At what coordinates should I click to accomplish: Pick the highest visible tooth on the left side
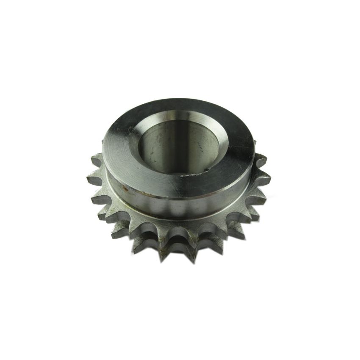point(93,157)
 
